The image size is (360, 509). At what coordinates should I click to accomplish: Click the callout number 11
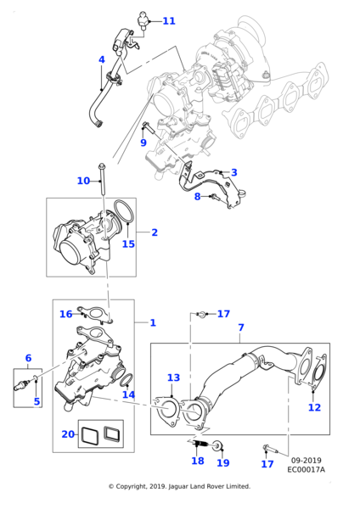pos(168,20)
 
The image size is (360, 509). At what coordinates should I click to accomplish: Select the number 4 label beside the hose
pos(102,59)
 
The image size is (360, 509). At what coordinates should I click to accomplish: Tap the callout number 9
pos(143,143)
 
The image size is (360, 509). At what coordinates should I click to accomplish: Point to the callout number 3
pos(234,172)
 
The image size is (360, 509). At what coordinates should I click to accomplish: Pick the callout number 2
pos(154,232)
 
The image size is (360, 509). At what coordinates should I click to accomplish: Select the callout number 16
pos(65,314)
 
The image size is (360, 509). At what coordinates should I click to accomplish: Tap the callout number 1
pos(152,322)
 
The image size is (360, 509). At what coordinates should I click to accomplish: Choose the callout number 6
pos(28,358)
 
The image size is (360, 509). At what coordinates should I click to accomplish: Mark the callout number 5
pos(37,401)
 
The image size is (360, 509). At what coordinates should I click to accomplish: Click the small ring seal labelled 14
pos(125,378)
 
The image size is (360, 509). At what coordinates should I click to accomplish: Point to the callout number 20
pos(68,433)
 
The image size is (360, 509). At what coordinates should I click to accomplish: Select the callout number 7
pos(240,327)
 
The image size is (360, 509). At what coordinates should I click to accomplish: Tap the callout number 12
pos(314,407)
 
